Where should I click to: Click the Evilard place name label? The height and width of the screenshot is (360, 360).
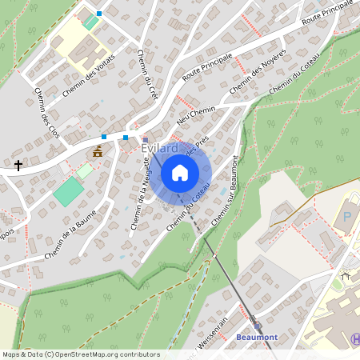click(159, 149)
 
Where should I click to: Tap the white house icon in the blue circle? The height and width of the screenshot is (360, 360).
click(180, 172)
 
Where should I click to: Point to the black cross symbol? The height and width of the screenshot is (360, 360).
click(18, 165)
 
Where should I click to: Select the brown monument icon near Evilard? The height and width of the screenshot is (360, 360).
click(98, 151)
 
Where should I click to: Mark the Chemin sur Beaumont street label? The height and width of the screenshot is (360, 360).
click(225, 191)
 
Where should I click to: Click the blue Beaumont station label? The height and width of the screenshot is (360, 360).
click(257, 337)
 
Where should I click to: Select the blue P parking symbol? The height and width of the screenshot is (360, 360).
click(347, 217)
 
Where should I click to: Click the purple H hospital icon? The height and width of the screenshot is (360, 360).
click(354, 339)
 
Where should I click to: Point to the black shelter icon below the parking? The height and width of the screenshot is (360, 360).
click(345, 276)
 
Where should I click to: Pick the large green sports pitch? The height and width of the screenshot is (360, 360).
click(69, 191)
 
